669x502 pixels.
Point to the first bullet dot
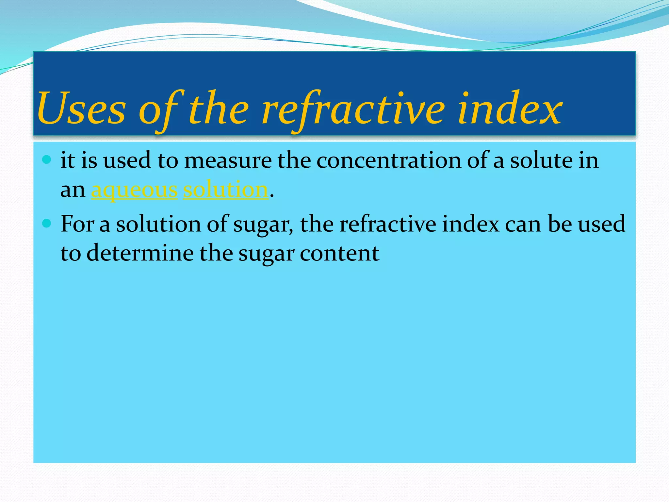tap(47, 160)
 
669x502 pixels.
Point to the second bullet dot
tap(47, 224)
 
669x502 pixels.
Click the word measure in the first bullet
tap(228, 161)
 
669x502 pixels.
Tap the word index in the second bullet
tap(470, 224)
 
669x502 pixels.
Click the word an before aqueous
tap(73, 191)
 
